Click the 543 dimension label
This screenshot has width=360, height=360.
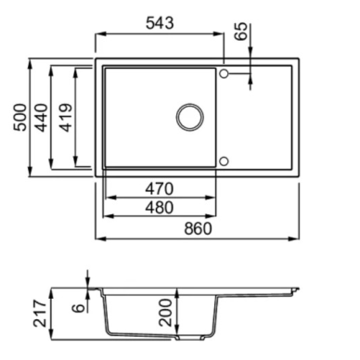tap(160, 23)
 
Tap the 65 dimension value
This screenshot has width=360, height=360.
tap(241, 31)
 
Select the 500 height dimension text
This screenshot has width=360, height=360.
tap(20, 118)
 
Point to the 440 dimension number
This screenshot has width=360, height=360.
tap(42, 118)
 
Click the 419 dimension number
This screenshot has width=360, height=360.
tap(66, 118)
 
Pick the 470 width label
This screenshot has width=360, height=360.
tap(160, 188)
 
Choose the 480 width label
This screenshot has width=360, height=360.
tap(160, 208)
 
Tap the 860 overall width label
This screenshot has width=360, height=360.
tap(199, 229)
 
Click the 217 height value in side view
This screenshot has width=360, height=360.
tap(40, 313)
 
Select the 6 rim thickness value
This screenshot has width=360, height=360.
tap(79, 308)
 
